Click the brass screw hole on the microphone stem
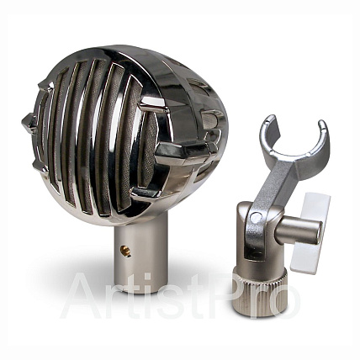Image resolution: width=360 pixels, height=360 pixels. click(125, 251)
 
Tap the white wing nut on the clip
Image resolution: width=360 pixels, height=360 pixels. click(311, 233)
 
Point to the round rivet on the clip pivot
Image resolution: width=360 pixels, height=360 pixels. click(255, 217)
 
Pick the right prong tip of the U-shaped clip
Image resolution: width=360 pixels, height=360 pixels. click(322, 124)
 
